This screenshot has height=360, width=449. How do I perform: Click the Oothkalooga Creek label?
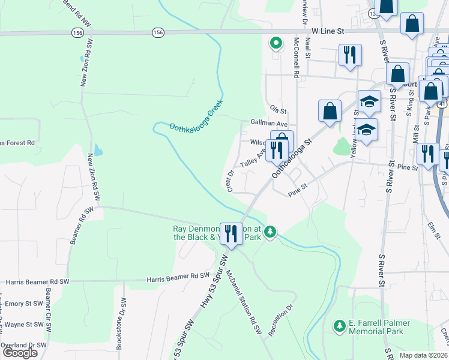pos(196,116)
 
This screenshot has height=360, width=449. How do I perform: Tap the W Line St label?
pos(328,31)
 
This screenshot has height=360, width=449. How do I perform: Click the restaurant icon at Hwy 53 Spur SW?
pos(231,233)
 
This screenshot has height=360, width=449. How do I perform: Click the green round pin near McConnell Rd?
pos(276,43)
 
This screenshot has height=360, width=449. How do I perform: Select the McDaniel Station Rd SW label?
pos(244,302)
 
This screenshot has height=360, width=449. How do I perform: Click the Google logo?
pos(20,353)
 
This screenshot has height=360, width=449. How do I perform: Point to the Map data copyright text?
pos(423,355)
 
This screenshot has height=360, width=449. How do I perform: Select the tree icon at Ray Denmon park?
pos(271,232)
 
